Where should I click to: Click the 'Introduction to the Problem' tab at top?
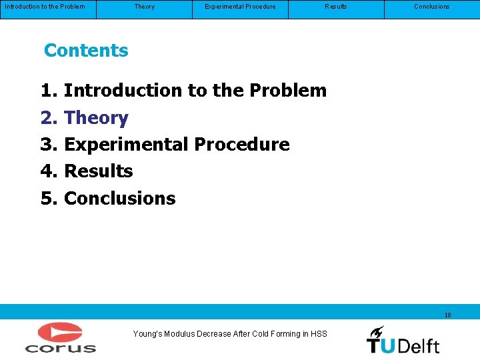45,7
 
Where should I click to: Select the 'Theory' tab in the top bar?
144,7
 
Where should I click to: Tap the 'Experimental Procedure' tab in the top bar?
240,7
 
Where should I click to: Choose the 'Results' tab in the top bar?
335,7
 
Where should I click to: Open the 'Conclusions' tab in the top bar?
431,7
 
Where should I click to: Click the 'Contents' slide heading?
86,51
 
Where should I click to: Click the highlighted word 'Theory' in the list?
96,118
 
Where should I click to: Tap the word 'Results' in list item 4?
98,171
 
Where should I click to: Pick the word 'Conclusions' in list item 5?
119,199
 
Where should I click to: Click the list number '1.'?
50,91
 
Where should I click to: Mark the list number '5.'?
50,199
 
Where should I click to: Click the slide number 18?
447,315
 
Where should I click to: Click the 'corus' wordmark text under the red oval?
61,347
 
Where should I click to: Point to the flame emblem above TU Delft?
376,331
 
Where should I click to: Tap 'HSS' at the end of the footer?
319,334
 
